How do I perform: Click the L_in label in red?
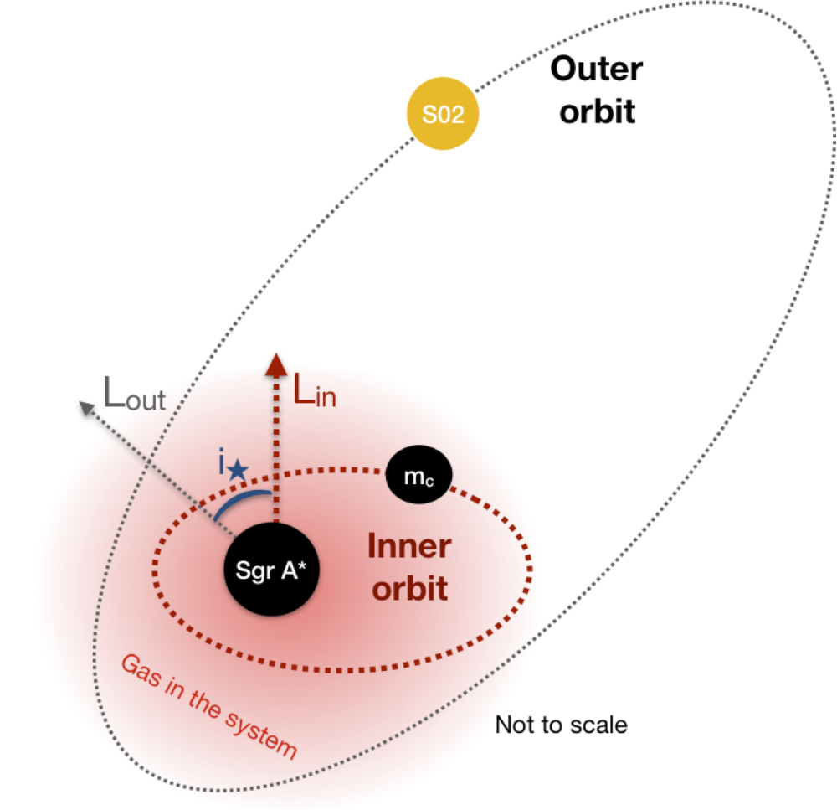tap(315, 393)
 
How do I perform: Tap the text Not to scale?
tap(560, 724)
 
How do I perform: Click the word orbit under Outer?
tap(597, 111)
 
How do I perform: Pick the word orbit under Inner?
tap(410, 588)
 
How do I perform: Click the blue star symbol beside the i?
tap(238, 469)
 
